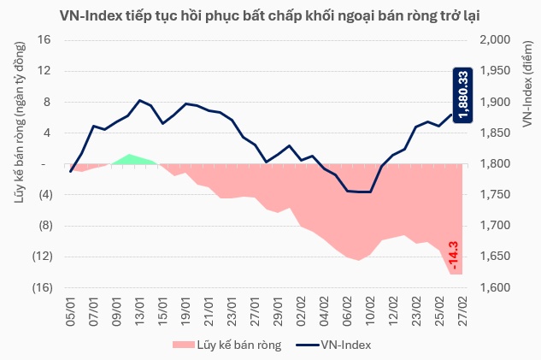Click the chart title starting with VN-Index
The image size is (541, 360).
coord(270,15)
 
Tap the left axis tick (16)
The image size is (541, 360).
coord(42,287)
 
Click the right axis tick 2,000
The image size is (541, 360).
coord(495,40)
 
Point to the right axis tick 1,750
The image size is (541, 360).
coord(495,195)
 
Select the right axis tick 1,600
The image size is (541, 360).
coord(495,287)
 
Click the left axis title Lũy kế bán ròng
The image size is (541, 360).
coord(19,125)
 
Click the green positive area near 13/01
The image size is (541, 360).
coord(130,159)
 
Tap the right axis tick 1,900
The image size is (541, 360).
coord(495,102)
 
